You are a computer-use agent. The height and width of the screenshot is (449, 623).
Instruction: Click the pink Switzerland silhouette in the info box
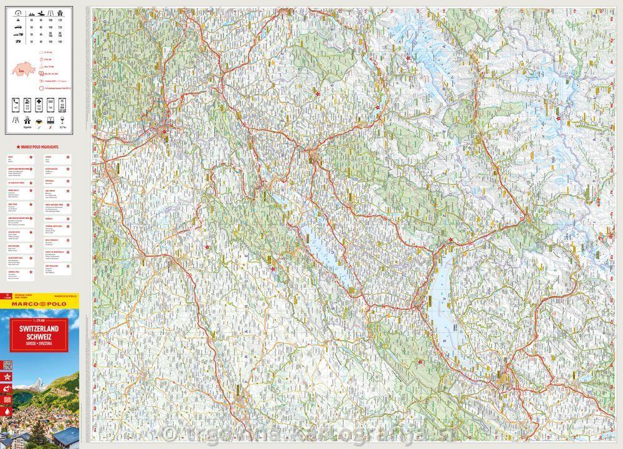pos(24,68)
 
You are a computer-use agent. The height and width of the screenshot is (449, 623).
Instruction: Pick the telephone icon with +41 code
pos(16,104)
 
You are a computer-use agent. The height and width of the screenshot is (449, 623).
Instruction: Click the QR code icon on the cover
pos(8,364)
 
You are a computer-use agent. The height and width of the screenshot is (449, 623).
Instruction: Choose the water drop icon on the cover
pos(8,412)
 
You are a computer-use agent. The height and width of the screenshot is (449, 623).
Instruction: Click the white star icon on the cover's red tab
pos(8,377)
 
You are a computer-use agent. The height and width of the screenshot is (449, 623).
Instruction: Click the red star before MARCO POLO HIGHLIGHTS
pos(11,145)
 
